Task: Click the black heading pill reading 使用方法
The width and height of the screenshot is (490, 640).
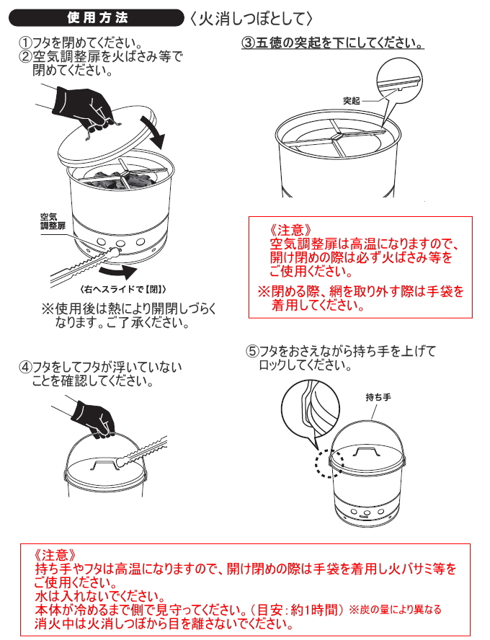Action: click(x=97, y=18)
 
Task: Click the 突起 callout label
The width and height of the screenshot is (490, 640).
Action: click(x=351, y=100)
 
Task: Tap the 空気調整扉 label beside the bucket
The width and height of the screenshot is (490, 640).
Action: click(x=53, y=221)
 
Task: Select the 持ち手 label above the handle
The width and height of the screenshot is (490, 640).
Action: click(x=378, y=396)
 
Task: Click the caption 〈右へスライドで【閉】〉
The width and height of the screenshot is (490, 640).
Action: click(x=123, y=290)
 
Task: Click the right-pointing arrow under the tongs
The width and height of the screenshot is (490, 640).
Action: click(x=119, y=272)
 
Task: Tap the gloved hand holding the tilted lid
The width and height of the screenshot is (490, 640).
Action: click(x=84, y=107)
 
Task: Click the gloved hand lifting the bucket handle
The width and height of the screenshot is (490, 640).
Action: click(x=94, y=418)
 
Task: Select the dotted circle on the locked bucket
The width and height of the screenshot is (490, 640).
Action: click(x=329, y=463)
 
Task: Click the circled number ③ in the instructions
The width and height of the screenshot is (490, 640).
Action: click(x=248, y=43)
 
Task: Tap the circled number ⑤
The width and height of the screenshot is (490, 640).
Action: click(x=252, y=351)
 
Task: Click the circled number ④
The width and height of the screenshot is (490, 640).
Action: click(x=25, y=367)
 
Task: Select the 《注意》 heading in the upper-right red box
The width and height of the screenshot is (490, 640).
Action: click(x=291, y=230)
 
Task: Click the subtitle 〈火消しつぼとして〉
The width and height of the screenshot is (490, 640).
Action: click(x=251, y=18)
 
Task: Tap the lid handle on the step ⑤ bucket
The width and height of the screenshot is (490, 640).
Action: click(x=366, y=452)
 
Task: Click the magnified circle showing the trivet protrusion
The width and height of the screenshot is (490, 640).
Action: click(x=399, y=81)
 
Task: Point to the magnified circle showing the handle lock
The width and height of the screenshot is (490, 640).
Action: click(x=310, y=409)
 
